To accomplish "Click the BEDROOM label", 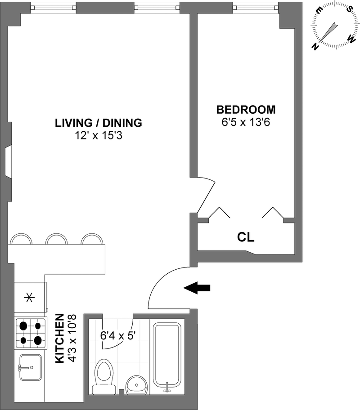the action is point(246,110).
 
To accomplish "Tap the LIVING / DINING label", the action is point(99,123).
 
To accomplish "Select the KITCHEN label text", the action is point(60,339).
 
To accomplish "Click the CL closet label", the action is point(246,237).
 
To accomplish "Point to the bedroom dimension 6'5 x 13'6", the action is point(246,122).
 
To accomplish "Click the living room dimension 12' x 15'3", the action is point(99,136).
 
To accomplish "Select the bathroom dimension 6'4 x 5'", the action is point(118,335).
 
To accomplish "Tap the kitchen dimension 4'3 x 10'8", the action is point(72,339).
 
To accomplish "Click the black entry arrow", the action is point(197,288).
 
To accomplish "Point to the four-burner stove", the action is point(31,333).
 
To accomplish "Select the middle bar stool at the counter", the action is point(56,238).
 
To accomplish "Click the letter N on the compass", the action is point(315,47).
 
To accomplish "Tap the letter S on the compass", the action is point(349,9).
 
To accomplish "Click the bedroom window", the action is point(256,8).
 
